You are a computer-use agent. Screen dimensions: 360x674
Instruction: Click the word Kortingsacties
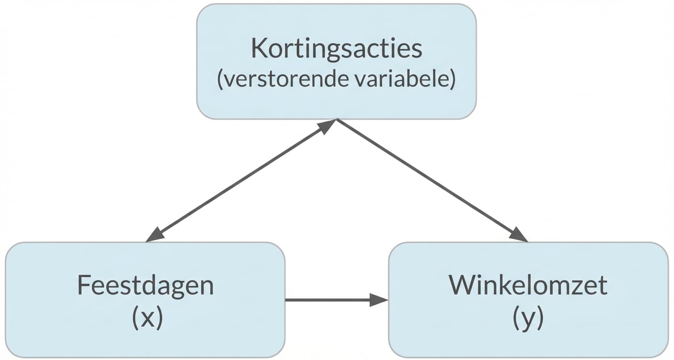(x=337, y=49)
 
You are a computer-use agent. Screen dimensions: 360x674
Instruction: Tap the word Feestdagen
(x=145, y=286)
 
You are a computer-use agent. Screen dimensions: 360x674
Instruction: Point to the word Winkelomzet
(x=528, y=286)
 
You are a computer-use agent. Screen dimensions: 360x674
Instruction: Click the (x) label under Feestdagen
(x=147, y=318)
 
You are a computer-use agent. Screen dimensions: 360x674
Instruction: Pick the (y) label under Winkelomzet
(x=528, y=318)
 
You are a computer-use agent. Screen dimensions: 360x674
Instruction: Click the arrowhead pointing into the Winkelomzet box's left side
(x=380, y=300)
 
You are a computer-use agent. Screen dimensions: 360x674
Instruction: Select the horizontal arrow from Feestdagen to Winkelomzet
(x=330, y=300)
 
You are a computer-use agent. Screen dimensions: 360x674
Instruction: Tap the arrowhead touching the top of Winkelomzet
(x=519, y=235)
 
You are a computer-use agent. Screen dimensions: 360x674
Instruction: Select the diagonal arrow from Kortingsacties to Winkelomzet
(x=431, y=180)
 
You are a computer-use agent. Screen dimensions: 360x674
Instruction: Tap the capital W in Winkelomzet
(x=461, y=286)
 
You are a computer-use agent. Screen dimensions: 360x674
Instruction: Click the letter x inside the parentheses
(x=147, y=319)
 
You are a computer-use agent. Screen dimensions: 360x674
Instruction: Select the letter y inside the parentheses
(x=528, y=319)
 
